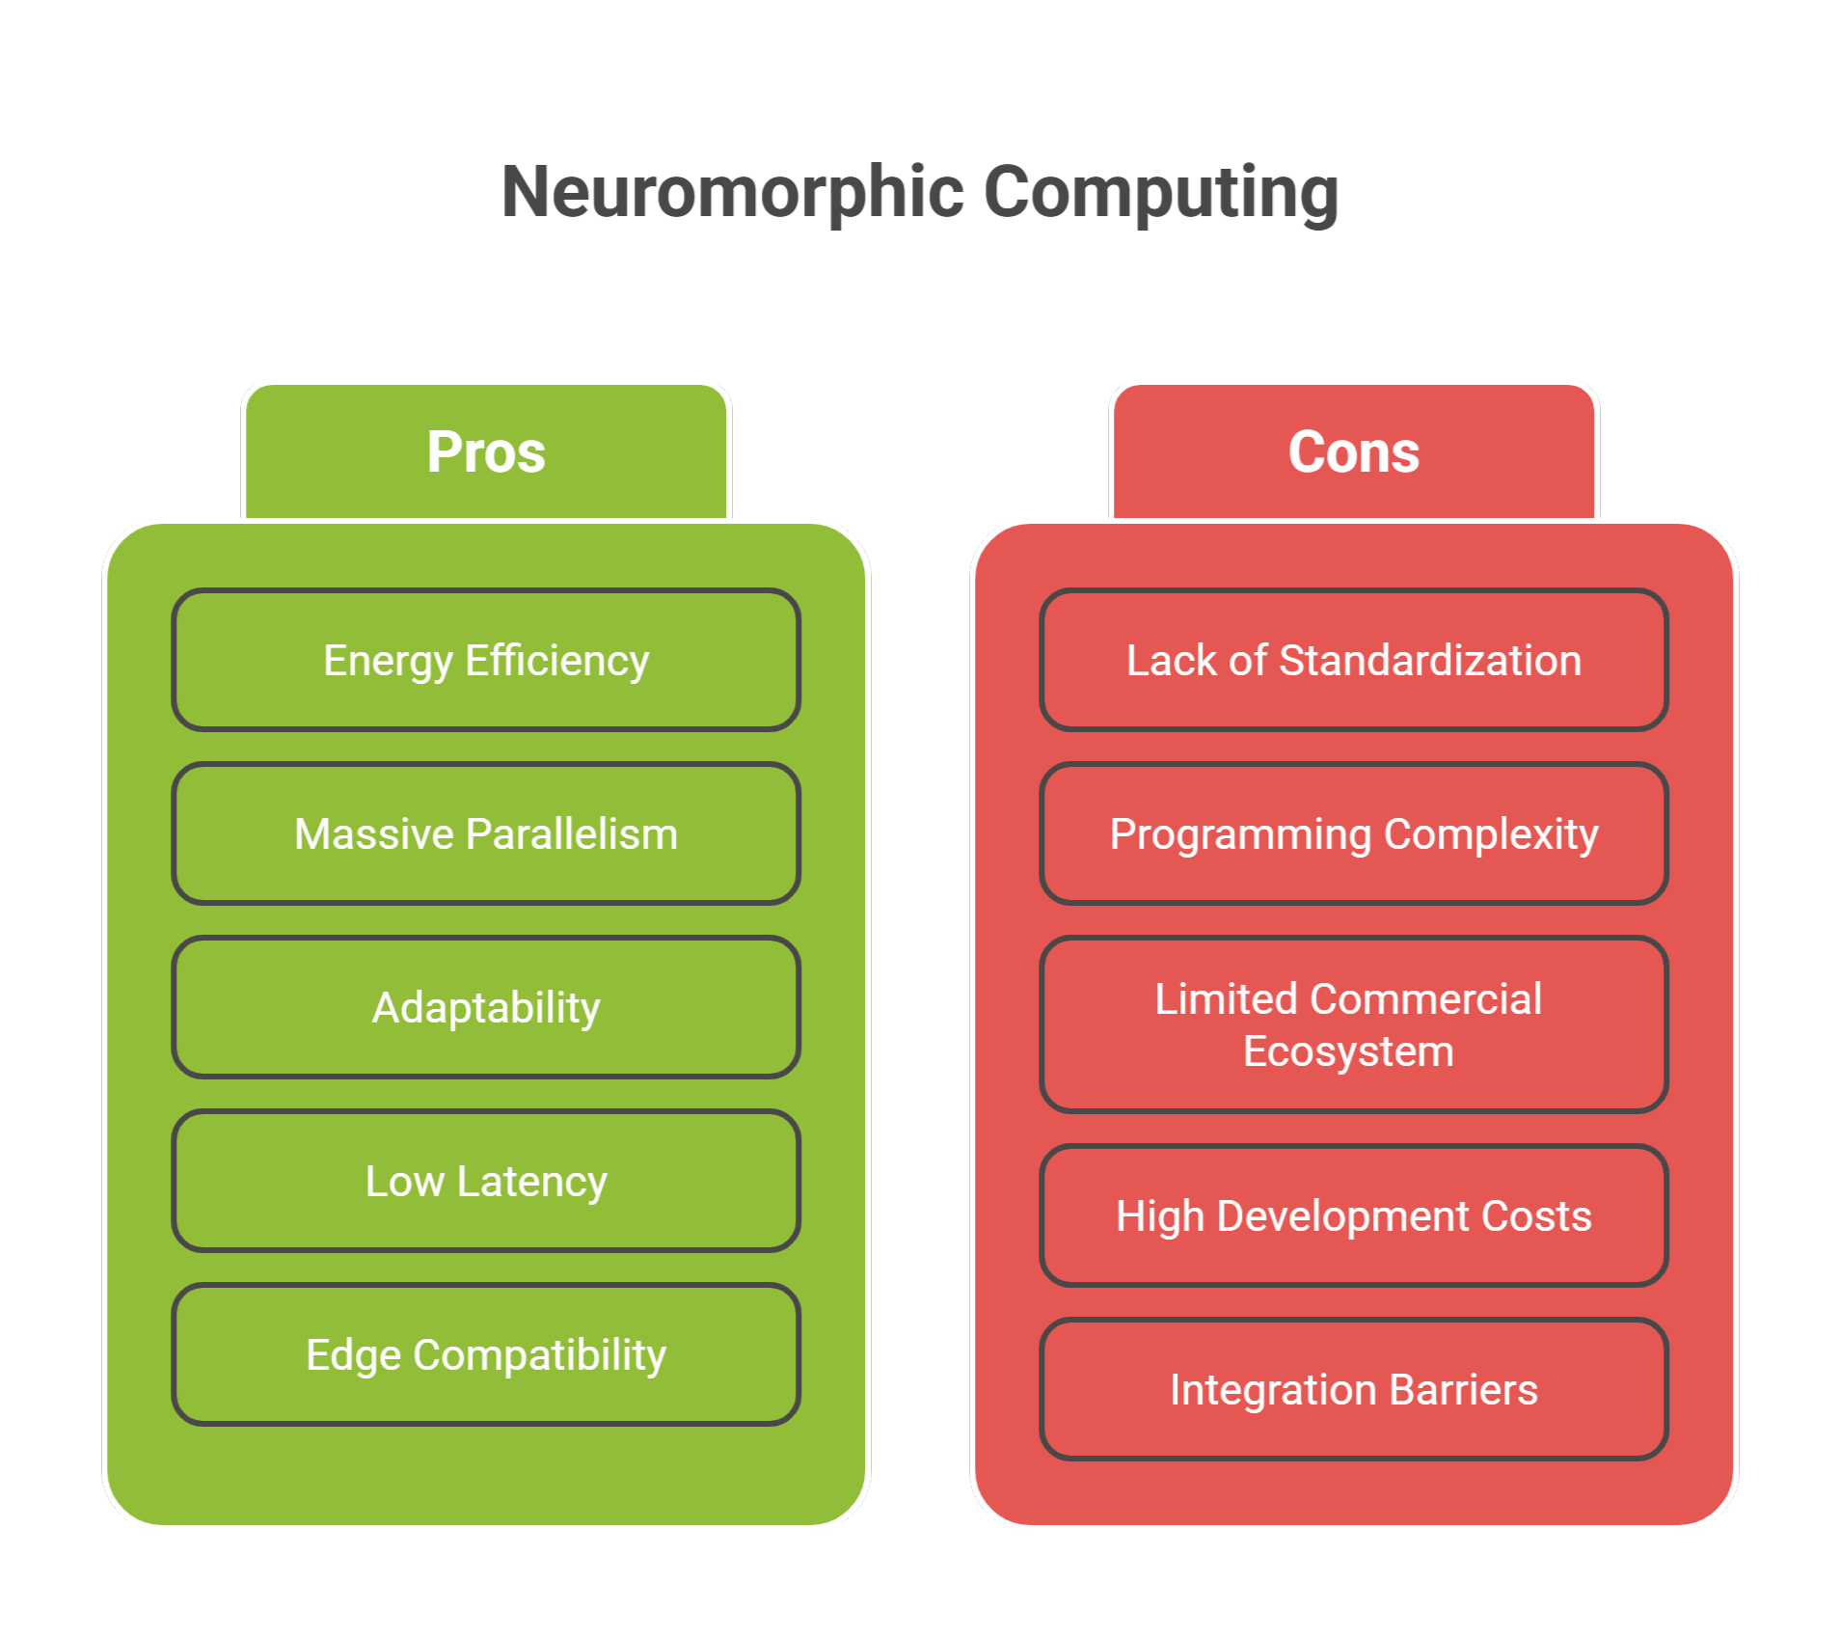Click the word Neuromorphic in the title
coord(733,192)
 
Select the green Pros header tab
coord(486,452)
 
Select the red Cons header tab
coord(1353,452)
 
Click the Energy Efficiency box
coord(486,661)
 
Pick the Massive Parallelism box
coord(486,834)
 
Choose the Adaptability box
coord(486,1008)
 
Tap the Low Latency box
coord(486,1182)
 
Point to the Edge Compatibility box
coord(486,1355)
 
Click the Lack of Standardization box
coord(1353,661)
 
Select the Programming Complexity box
coord(1353,834)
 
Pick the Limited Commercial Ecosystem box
coord(1353,1024)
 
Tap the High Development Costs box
coord(1353,1216)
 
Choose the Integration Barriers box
coord(1353,1390)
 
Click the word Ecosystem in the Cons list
coord(1348,1051)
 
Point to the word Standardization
coord(1430,661)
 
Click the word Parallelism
coord(572,834)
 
